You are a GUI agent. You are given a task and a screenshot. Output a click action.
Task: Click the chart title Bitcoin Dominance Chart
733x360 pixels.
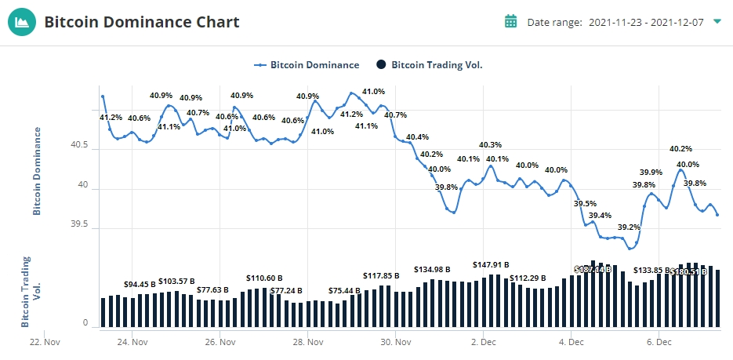coord(141,22)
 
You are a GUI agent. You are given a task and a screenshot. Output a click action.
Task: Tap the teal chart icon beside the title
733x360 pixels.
coord(22,22)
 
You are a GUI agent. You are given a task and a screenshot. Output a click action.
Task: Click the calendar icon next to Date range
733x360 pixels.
coord(510,21)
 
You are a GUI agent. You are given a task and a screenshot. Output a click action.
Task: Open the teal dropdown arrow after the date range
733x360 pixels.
coord(717,21)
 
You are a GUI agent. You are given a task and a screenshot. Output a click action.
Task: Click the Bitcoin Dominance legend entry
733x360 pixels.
coord(307,65)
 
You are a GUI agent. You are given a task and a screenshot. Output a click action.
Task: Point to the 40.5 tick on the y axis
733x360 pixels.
coord(79,147)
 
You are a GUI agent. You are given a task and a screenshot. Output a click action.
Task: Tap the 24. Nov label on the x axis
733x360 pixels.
coord(132,342)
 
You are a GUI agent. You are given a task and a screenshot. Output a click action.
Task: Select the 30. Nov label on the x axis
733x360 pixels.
coord(396,342)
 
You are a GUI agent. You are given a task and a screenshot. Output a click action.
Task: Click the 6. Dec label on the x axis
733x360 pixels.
coord(659,342)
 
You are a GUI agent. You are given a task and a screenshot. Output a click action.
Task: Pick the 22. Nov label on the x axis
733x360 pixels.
coord(44,342)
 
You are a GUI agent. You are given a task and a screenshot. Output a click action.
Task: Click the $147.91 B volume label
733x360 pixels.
coord(491,264)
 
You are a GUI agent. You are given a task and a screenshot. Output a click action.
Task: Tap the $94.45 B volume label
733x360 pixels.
coord(140,284)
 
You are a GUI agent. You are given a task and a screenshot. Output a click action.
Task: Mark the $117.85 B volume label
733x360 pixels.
coord(381,275)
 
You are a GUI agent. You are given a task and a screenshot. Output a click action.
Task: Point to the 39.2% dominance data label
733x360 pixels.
coord(629,227)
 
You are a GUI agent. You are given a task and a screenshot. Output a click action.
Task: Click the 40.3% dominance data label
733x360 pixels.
coord(490,145)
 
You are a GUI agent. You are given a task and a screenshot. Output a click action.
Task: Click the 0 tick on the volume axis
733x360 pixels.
coord(85,323)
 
